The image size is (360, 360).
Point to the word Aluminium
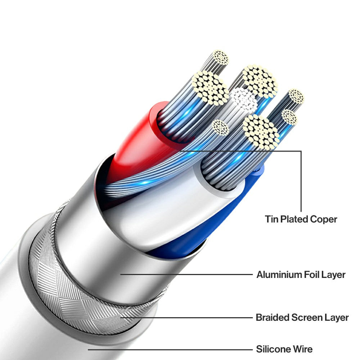click(279, 275)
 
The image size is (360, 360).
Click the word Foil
click(312, 275)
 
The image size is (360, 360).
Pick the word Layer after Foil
click(334, 275)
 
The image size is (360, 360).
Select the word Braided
click(272, 318)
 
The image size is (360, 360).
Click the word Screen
click(307, 318)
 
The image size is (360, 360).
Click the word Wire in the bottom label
click(303, 349)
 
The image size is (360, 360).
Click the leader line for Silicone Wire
click(169, 349)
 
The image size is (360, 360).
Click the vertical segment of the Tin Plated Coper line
click(301, 180)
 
